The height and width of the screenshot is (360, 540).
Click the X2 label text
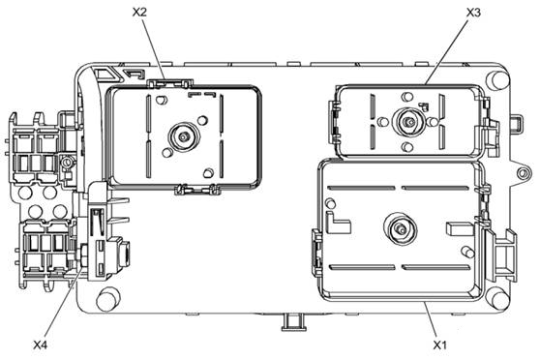coord(138,11)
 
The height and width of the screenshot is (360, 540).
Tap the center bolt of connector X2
coord(178,136)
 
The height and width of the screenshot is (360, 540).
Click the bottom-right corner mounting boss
coord(499,297)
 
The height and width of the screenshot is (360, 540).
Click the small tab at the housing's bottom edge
coord(290,316)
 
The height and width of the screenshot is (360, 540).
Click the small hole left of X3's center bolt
coord(384,122)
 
